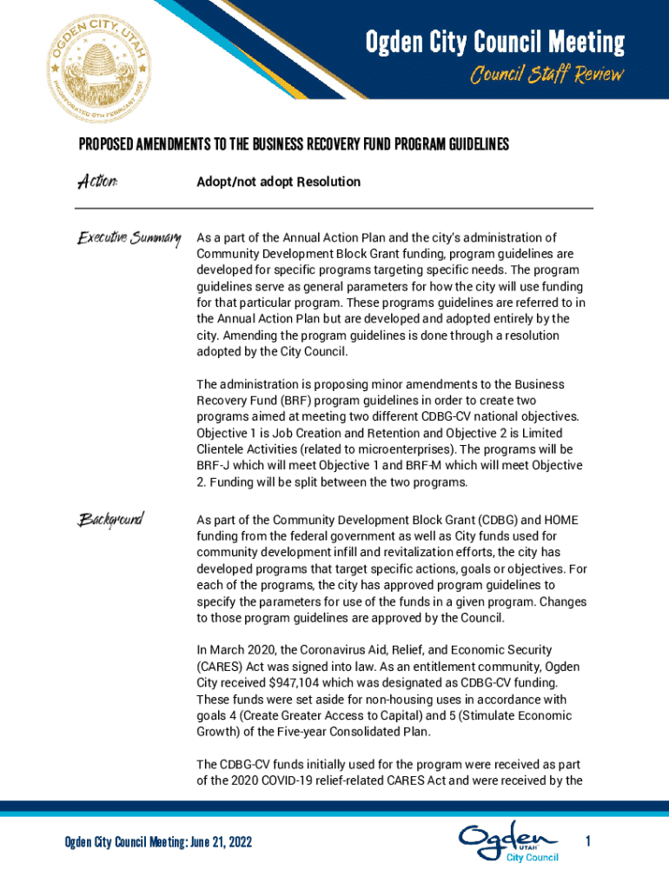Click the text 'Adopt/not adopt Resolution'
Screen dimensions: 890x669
coord(279,183)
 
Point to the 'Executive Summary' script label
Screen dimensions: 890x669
coord(129,237)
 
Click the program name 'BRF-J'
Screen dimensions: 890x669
coord(213,466)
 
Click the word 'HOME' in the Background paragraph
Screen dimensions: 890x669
coord(560,520)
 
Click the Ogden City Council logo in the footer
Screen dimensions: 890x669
coord(509,841)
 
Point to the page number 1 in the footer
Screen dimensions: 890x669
coord(588,841)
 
